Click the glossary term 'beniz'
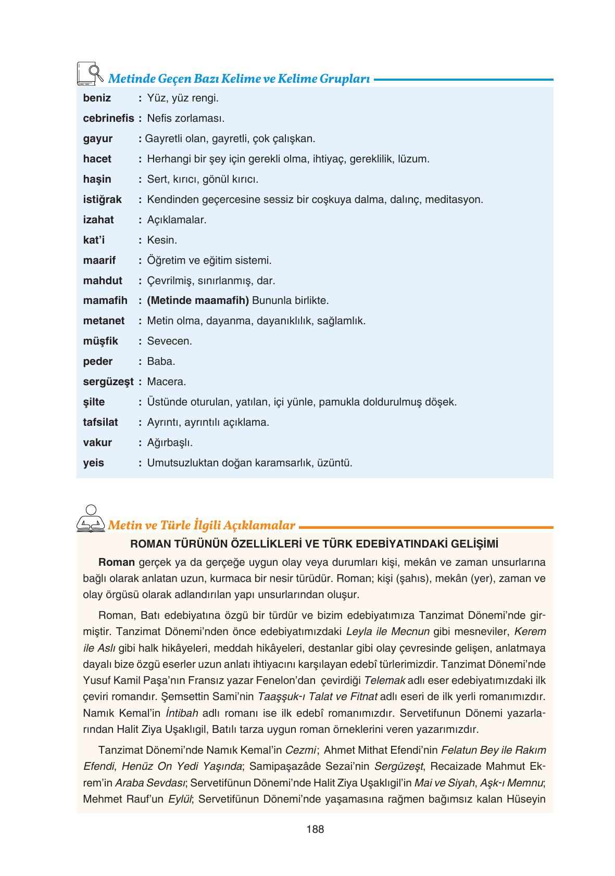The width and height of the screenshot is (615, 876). [x=97, y=98]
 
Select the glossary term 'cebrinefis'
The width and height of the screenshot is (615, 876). [x=108, y=118]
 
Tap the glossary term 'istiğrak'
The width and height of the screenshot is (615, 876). [x=102, y=199]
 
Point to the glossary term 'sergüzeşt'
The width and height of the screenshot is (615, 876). [x=108, y=382]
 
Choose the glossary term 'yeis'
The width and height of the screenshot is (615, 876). [x=94, y=463]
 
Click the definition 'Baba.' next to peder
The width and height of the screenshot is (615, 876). [x=161, y=361]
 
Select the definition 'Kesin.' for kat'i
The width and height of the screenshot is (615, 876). [x=162, y=240]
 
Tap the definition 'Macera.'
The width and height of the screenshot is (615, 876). [x=166, y=382]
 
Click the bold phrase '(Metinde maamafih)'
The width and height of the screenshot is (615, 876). [x=198, y=300]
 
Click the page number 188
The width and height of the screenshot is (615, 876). [x=316, y=829]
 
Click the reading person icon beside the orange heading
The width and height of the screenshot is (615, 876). [x=91, y=518]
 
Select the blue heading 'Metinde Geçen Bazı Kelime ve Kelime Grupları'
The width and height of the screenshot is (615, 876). [x=239, y=80]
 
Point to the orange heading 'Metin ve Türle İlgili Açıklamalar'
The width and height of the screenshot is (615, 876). [x=201, y=525]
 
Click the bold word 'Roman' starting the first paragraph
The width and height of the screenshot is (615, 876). [x=117, y=562]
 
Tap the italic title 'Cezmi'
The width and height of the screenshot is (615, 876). [x=301, y=750]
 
